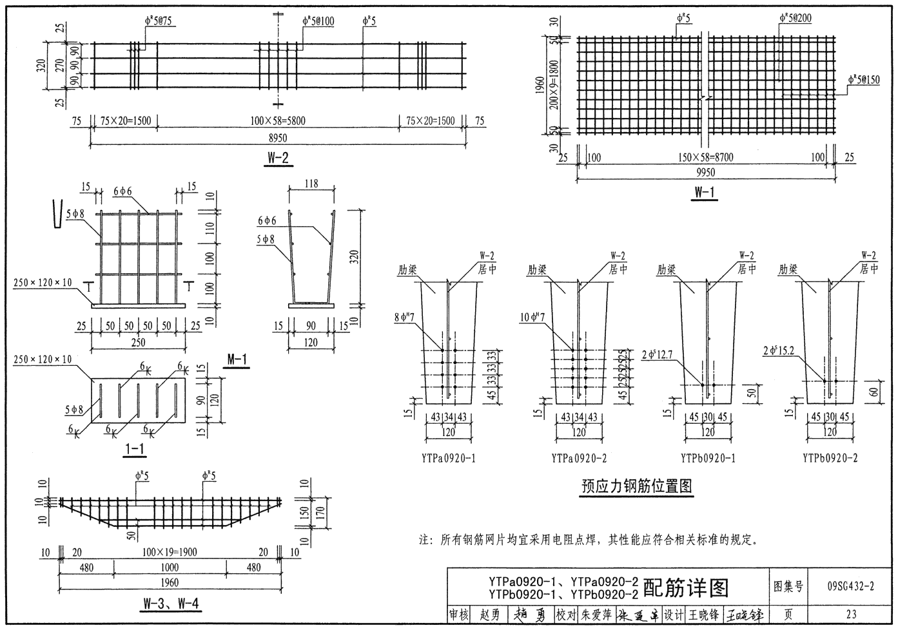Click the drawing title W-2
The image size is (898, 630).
[x=277, y=157]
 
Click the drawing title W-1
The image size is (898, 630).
[x=705, y=191]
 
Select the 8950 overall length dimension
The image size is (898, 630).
[x=278, y=138]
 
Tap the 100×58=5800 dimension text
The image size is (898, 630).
[x=278, y=120]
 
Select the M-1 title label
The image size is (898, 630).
[x=237, y=359]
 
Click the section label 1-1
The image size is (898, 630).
[x=134, y=449]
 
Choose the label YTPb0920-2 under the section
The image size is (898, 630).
[x=830, y=458]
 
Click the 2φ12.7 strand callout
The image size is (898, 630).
[x=656, y=354]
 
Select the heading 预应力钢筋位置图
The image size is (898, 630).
[x=636, y=486]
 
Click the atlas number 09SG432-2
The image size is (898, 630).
[x=851, y=586]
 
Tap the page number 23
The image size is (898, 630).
[x=851, y=614]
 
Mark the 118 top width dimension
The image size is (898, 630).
[x=311, y=184]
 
